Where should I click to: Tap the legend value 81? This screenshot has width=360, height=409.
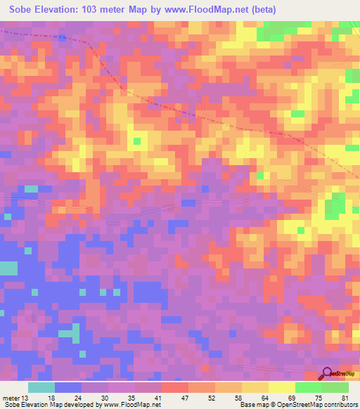(345, 398)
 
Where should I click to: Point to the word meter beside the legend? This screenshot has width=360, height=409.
(11, 398)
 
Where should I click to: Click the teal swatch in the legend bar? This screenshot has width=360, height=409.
(41, 387)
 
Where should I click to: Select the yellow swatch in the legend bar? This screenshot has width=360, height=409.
(281, 387)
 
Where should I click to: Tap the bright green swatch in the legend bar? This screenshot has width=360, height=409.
(308, 387)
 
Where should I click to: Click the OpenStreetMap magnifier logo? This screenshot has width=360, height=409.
(327, 374)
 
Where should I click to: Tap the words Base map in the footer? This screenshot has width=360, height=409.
(252, 405)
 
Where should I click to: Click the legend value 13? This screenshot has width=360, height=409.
(25, 398)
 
